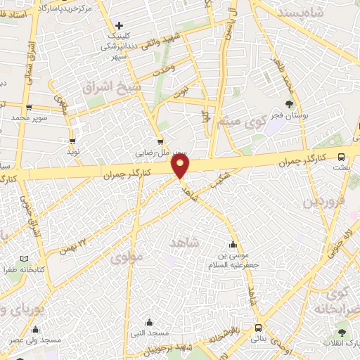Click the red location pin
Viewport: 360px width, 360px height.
pos(181,165)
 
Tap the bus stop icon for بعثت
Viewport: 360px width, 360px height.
pos(341,157)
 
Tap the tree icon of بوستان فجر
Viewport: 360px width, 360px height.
pos(289,105)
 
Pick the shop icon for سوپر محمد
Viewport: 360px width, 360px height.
pos(28,108)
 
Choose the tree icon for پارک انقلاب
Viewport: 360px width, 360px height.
pos(342,330)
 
